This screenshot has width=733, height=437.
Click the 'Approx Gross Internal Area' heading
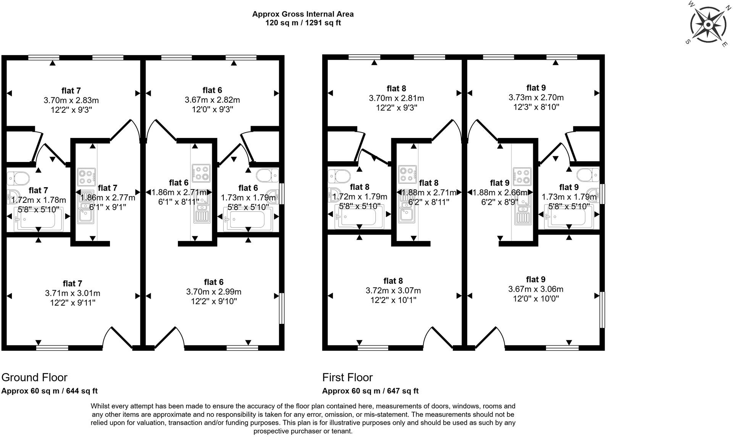pos(303,14)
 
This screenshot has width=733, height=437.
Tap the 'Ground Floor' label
pos(34,377)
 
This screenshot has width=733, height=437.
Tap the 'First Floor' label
pos(347,377)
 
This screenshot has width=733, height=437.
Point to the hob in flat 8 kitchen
pos(407,174)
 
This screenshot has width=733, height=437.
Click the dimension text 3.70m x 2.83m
pos(71,100)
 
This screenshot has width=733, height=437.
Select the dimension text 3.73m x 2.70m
pos(536,97)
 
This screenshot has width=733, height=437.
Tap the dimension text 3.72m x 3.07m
pos(393,291)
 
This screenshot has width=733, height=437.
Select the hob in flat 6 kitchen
pos(201,173)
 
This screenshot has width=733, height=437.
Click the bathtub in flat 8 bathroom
pos(359,219)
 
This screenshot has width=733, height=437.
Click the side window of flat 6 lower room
pos(282,308)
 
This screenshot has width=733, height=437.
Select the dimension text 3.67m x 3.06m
pos(536,289)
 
